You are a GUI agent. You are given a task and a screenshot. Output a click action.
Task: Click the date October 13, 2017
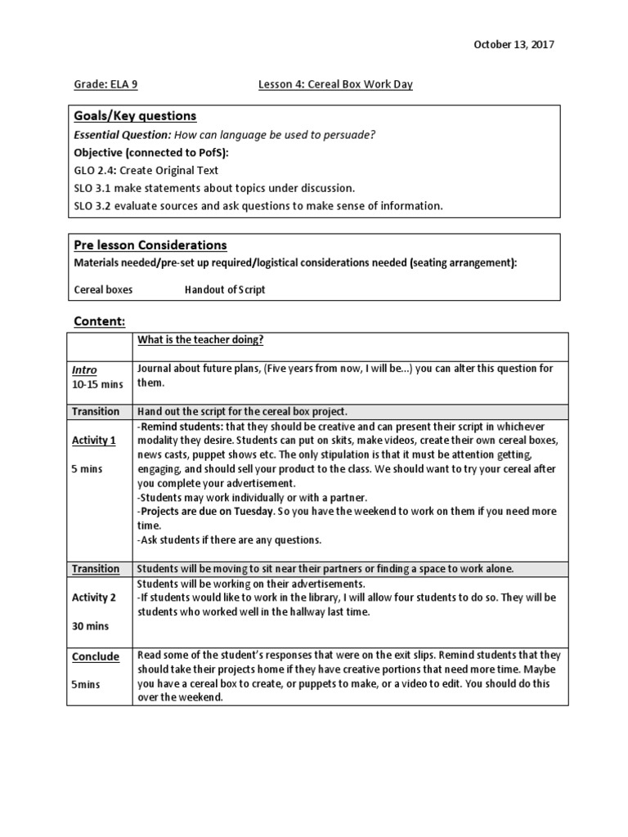(514, 45)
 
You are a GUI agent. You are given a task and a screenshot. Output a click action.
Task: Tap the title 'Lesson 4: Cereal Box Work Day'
(335, 85)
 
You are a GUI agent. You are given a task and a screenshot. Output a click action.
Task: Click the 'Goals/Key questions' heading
(135, 116)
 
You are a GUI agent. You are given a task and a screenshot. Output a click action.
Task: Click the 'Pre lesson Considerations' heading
(150, 245)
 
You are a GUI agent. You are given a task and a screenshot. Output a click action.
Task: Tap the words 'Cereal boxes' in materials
(103, 289)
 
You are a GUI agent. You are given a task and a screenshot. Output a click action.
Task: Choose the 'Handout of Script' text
(225, 289)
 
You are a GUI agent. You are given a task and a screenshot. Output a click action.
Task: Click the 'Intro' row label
(84, 370)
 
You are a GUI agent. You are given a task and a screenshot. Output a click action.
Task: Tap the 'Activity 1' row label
(94, 441)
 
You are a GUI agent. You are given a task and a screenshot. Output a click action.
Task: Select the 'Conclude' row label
(96, 656)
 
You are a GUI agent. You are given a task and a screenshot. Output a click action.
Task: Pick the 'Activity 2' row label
(94, 598)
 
